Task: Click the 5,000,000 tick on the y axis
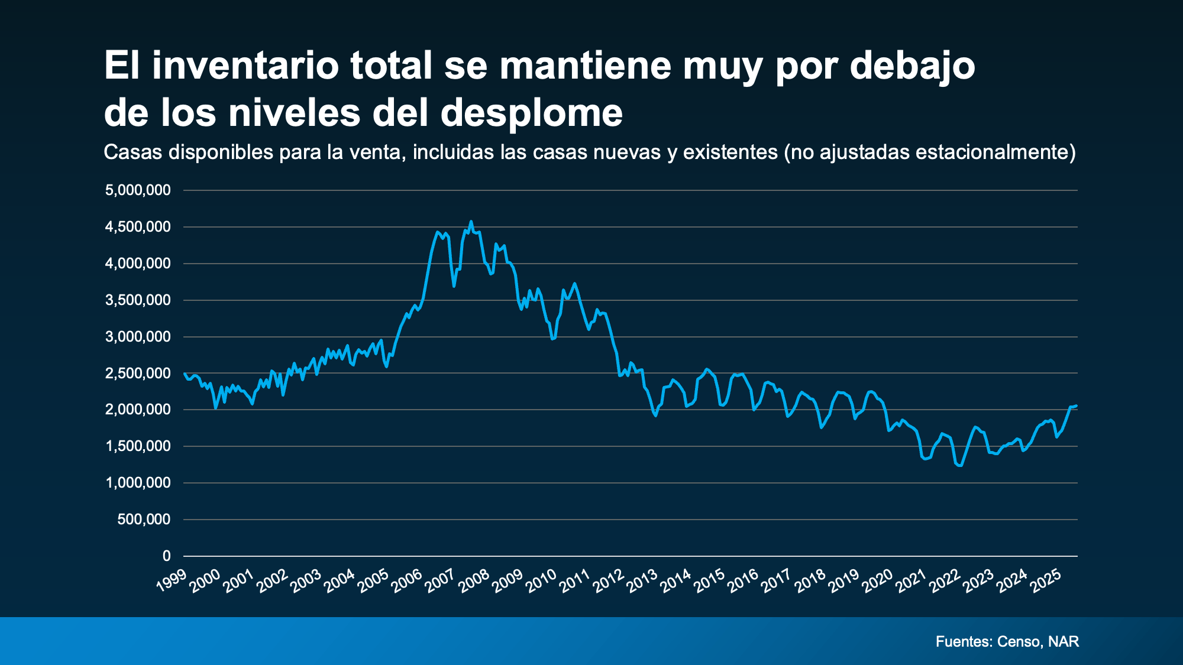tap(138, 190)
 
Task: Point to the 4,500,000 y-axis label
tap(138, 227)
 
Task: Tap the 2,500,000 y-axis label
tap(138, 373)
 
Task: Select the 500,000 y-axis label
tap(144, 520)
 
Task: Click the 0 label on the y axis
tap(166, 556)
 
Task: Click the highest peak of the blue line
tap(471, 222)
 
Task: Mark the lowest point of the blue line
tap(959, 466)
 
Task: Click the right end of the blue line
tap(1076, 406)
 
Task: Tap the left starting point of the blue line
tap(185, 374)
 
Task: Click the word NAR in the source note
tap(1064, 641)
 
